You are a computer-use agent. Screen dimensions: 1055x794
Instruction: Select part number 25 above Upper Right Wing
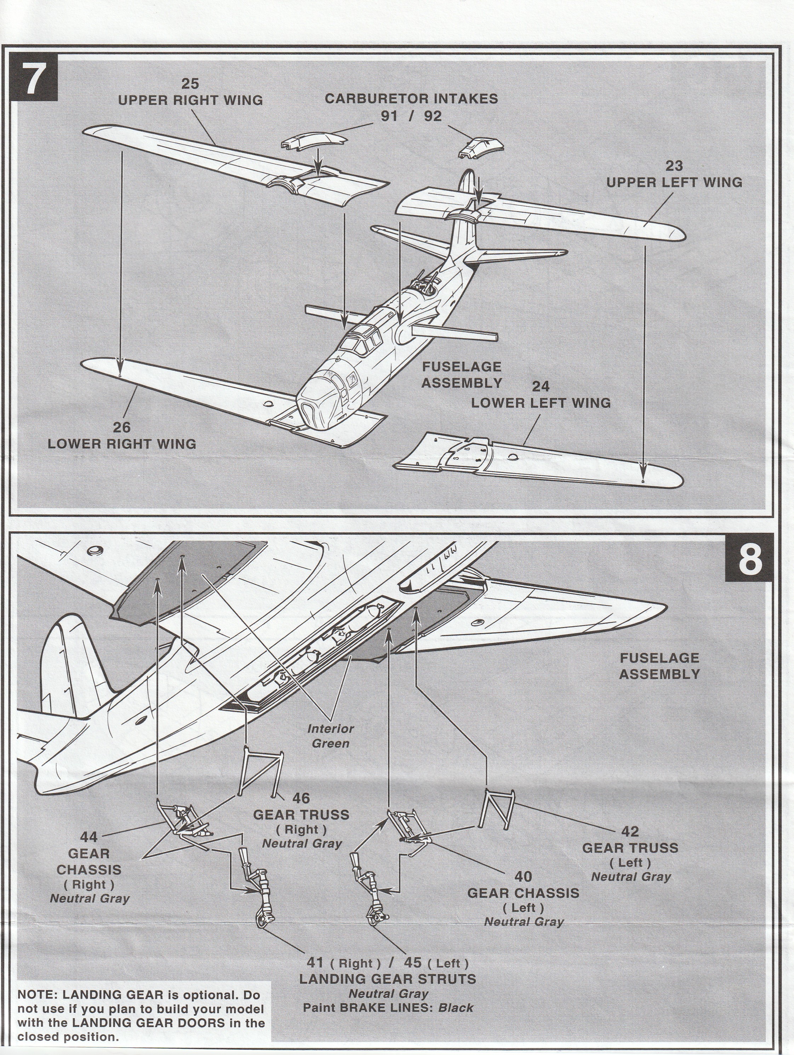tap(190, 84)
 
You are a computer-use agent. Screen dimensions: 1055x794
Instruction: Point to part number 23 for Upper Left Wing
tap(674, 166)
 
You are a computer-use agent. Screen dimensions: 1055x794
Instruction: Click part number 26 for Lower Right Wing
tap(121, 427)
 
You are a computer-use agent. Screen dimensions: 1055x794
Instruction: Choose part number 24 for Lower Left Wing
tap(541, 386)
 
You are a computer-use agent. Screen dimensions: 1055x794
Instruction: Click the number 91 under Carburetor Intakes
tap(389, 116)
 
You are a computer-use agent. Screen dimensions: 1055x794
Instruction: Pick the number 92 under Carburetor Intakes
tap(433, 116)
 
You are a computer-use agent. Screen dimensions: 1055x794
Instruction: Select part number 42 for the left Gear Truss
tap(630, 831)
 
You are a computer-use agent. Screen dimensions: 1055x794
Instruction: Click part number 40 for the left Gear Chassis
tap(523, 876)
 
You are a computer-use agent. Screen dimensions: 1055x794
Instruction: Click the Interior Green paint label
tap(330, 736)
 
